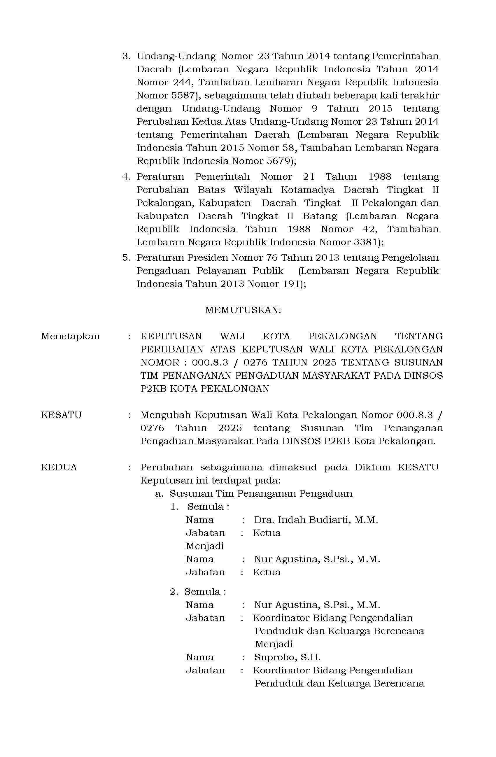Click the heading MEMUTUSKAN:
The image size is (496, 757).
click(x=243, y=310)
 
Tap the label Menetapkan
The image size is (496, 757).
click(x=70, y=336)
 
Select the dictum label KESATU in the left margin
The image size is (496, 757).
click(x=62, y=415)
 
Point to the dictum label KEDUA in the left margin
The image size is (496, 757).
click(x=59, y=467)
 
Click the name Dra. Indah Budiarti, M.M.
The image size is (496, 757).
click(x=316, y=520)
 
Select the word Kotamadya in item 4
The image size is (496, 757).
click(x=308, y=190)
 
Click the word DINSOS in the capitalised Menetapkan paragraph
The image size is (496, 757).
click(x=423, y=376)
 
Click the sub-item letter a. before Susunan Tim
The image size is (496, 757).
click(x=159, y=494)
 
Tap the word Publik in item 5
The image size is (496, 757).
click(x=268, y=271)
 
